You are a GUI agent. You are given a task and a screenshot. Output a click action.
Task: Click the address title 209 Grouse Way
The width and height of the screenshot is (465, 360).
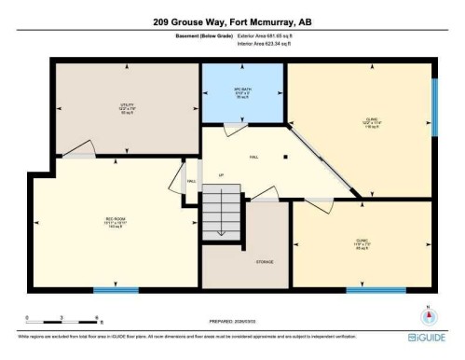click(x=232, y=20)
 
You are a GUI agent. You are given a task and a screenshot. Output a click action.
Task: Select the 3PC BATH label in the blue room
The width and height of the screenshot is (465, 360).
click(x=242, y=91)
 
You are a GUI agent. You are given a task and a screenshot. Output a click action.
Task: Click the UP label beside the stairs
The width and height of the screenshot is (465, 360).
click(x=220, y=175)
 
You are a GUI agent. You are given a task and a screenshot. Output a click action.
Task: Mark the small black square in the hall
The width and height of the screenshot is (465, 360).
click(x=286, y=156)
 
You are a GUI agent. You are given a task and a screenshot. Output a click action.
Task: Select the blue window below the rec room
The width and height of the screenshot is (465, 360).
click(x=115, y=290)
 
